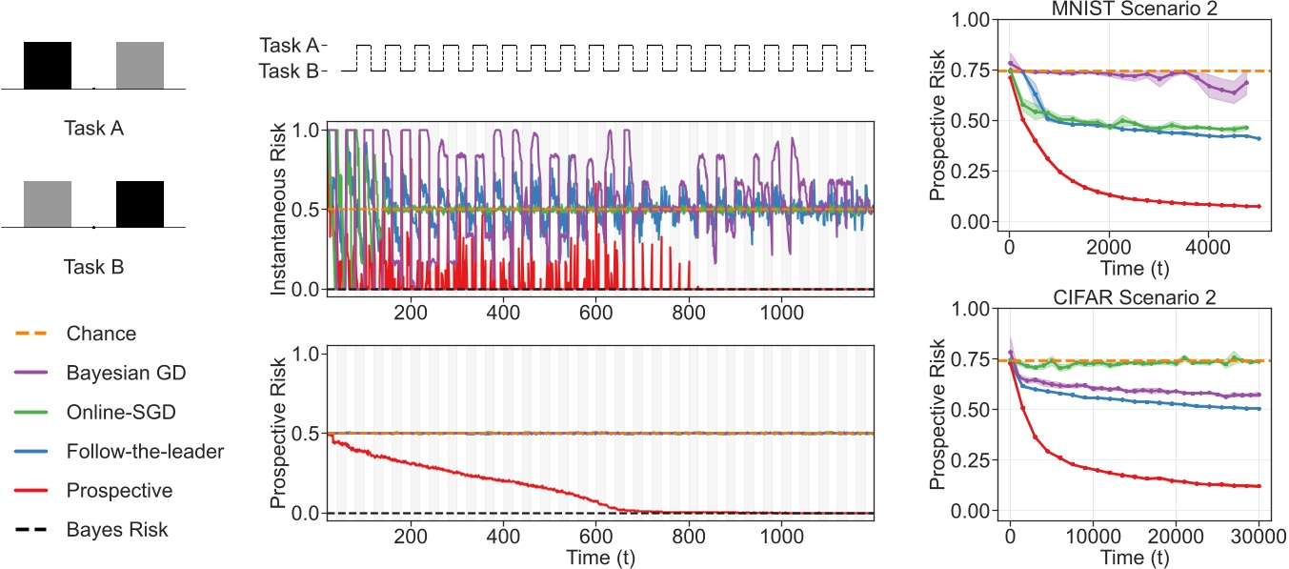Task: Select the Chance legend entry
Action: (101, 334)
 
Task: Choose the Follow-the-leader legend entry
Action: (145, 451)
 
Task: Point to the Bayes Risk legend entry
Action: (117, 529)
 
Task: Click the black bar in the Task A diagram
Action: (48, 65)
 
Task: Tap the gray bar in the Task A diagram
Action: (140, 65)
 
